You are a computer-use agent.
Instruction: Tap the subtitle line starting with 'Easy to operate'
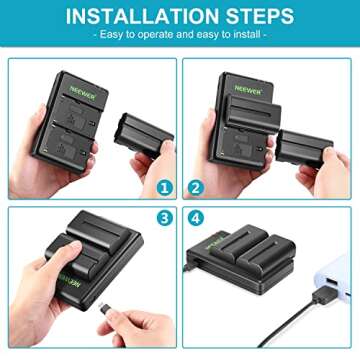180,36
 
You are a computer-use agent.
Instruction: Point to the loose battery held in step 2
306,148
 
